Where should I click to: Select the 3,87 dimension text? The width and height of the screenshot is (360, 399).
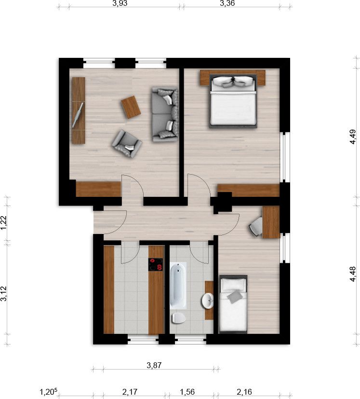coord(154,365)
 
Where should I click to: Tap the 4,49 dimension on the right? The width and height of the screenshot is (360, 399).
coord(353,137)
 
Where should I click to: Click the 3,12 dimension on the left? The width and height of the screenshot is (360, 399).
coord(4,294)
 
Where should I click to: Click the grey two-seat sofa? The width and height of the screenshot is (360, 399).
coord(164,114)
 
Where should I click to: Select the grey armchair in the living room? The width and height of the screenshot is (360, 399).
coord(126,143)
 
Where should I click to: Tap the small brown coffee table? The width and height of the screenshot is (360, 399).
coord(131,107)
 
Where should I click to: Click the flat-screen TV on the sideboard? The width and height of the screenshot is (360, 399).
coord(78,115)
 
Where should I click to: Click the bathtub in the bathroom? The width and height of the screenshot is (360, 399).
coord(179,285)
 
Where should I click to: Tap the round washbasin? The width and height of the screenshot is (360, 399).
coord(208,301)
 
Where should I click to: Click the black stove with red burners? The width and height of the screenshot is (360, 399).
coord(156,264)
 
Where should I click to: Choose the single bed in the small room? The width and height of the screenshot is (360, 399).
coord(233,304)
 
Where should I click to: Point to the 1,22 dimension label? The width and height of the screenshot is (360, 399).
coord(4,223)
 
